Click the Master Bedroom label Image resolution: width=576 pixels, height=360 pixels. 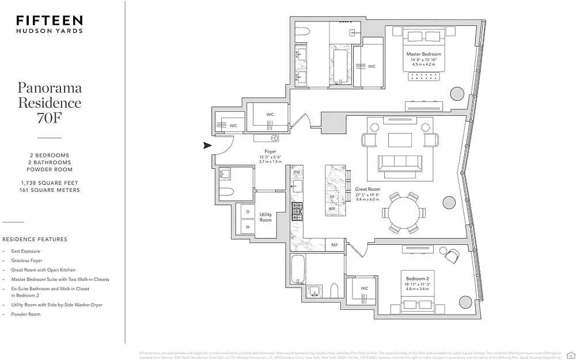point(426,54)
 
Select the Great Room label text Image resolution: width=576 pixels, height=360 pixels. point(367,189)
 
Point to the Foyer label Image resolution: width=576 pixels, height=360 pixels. point(270,151)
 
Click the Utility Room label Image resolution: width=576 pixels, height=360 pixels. point(266,217)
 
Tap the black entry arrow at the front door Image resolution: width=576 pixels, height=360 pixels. point(207,146)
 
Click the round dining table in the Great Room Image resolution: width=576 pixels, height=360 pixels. point(405,211)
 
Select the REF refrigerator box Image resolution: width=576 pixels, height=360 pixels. point(335,245)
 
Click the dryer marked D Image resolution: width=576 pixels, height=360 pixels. point(247,211)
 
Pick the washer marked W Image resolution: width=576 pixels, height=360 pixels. point(247,227)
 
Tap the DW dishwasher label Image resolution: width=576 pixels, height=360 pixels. point(297,172)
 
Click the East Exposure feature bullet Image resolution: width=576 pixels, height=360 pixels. point(26,251)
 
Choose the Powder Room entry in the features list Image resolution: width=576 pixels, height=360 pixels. point(26,314)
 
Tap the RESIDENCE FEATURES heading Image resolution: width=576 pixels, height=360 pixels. point(35,239)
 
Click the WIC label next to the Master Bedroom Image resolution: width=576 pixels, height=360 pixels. point(372,66)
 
